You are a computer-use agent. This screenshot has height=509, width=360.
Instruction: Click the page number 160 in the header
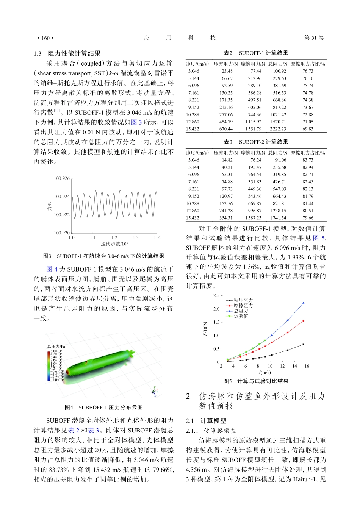(x=45, y=38)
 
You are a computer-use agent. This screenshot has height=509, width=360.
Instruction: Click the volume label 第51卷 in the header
(x=314, y=38)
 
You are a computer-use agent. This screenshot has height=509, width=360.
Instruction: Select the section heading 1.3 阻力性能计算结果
(x=67, y=53)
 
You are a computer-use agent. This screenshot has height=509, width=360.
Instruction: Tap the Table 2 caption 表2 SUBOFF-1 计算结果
(x=256, y=53)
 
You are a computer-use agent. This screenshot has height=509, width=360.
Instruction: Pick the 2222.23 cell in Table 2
(x=278, y=129)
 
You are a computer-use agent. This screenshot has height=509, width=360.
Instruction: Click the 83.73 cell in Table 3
(x=308, y=160)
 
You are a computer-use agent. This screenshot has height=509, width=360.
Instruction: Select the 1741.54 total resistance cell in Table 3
(x=278, y=218)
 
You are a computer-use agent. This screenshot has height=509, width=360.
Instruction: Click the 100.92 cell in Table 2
(x=279, y=71)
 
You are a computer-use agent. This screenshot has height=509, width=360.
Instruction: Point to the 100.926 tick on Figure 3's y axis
(x=62, y=178)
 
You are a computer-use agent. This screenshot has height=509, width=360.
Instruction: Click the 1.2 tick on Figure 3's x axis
(x=114, y=238)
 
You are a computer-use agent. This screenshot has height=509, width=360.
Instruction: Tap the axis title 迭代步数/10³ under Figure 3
(x=114, y=244)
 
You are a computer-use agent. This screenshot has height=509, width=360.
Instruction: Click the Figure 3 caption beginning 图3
(x=103, y=256)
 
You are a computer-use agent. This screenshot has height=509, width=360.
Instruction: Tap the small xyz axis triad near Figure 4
(x=155, y=391)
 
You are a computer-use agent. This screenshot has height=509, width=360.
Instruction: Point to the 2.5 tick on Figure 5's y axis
(x=216, y=295)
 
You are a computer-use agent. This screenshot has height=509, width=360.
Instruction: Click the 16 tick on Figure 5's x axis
(x=307, y=366)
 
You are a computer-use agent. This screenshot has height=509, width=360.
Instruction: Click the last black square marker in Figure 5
(x=304, y=344)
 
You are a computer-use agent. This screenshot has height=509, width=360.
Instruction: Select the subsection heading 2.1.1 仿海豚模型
(x=211, y=431)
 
